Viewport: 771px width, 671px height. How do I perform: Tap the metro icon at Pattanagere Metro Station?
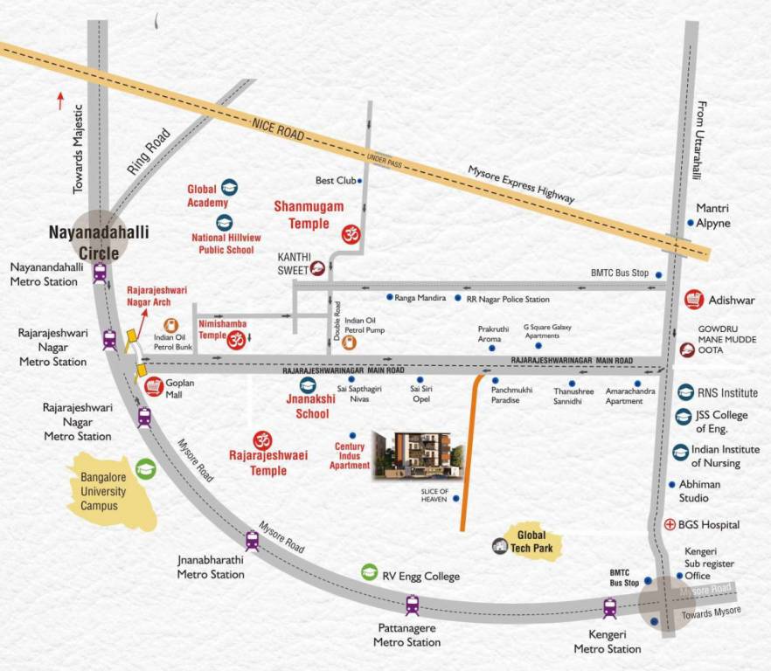pos(412,605)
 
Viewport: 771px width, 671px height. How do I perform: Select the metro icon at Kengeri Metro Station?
pos(609,607)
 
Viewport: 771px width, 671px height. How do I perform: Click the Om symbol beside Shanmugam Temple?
pos(350,233)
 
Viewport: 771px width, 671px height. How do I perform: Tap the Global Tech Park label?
pos(531,542)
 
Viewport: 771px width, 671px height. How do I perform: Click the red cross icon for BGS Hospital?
pos(670,525)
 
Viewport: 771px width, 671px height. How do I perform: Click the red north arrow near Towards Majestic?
pos(60,100)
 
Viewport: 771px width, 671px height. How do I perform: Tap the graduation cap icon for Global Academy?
pos(229,188)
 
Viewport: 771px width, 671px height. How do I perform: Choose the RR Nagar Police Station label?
pos(508,299)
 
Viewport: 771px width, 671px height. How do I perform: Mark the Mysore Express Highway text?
pos(521,184)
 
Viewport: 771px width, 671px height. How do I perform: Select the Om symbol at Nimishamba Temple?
pos(235,341)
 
